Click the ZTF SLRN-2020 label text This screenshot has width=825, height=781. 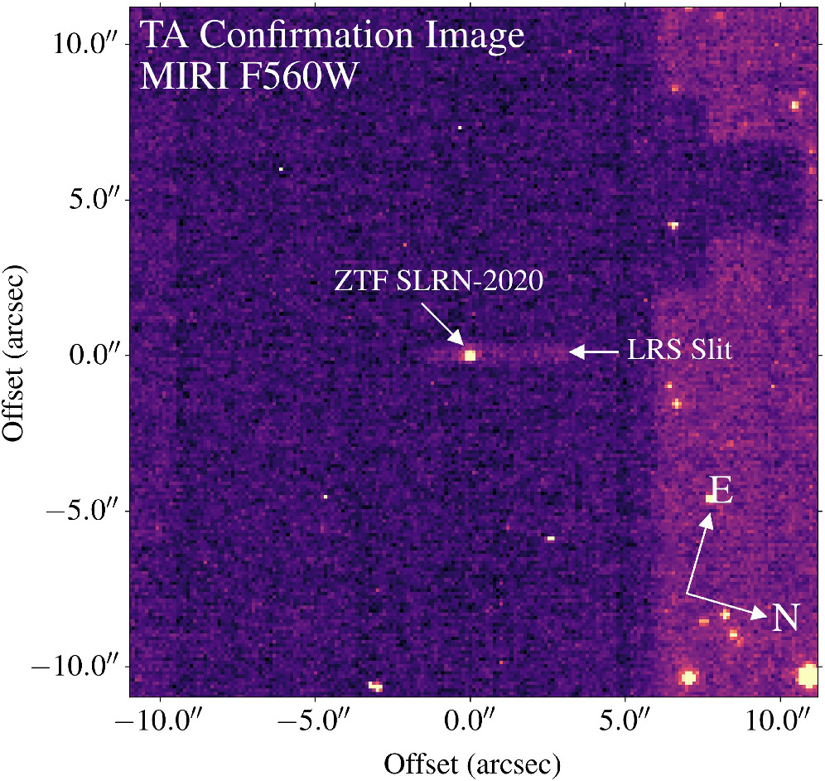click(438, 281)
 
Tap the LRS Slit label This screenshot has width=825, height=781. click(679, 352)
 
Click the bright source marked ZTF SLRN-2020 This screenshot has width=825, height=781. click(470, 355)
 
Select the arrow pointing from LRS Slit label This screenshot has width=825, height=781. click(594, 352)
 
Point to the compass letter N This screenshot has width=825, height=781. click(785, 618)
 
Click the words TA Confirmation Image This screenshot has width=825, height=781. click(332, 36)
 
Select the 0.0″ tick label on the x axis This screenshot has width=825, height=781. click(470, 720)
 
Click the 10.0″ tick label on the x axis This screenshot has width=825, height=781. click(781, 720)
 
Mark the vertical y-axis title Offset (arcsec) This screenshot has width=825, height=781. click(17, 352)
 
